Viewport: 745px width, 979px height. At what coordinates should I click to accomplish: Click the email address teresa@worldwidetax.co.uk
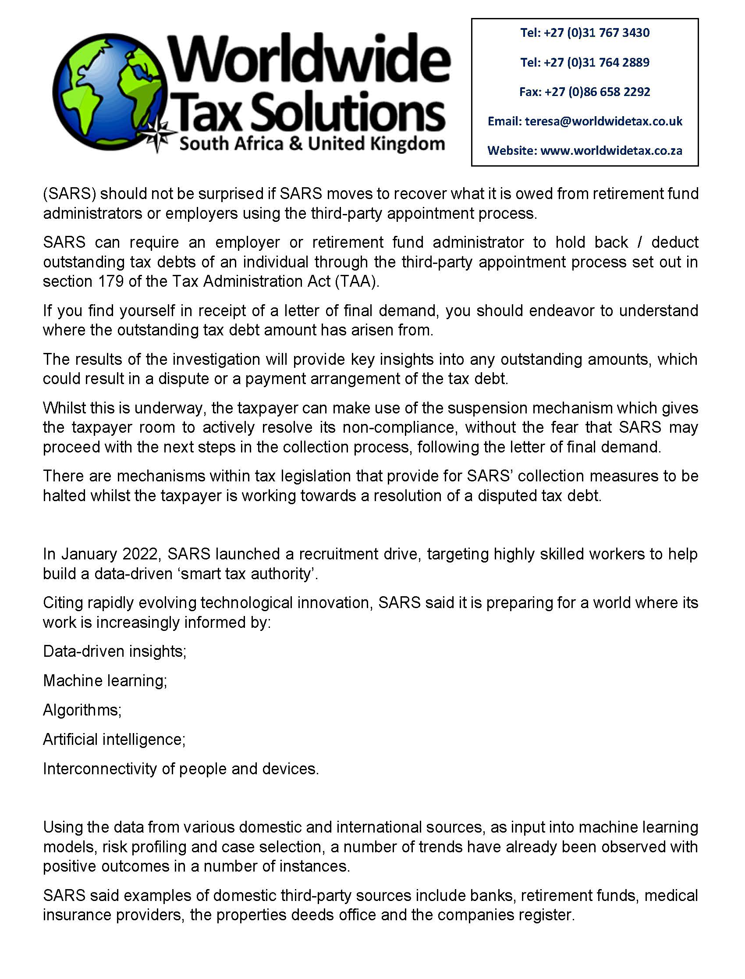click(603, 121)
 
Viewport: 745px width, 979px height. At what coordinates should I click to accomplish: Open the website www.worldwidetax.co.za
click(611, 151)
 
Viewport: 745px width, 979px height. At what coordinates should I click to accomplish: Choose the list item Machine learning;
click(105, 680)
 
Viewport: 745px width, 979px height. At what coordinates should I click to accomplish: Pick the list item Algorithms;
click(82, 710)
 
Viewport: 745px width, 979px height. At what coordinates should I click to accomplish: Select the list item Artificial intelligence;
click(114, 740)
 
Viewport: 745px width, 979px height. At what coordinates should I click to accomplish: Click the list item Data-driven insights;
click(114, 651)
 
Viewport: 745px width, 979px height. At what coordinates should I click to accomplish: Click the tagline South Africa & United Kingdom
click(311, 144)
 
